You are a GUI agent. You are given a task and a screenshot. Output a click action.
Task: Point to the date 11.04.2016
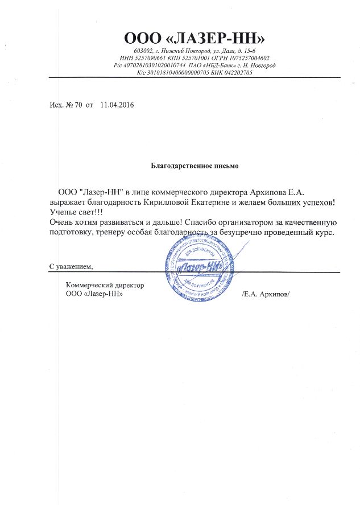(118, 105)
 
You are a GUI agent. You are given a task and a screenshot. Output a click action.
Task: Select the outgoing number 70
(79, 105)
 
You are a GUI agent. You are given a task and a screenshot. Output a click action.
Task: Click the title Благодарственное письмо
(195, 166)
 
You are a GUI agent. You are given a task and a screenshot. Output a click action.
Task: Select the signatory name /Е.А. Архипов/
(266, 294)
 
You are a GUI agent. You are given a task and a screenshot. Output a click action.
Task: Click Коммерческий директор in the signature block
(105, 285)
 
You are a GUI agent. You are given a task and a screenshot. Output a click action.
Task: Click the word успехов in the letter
(313, 201)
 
